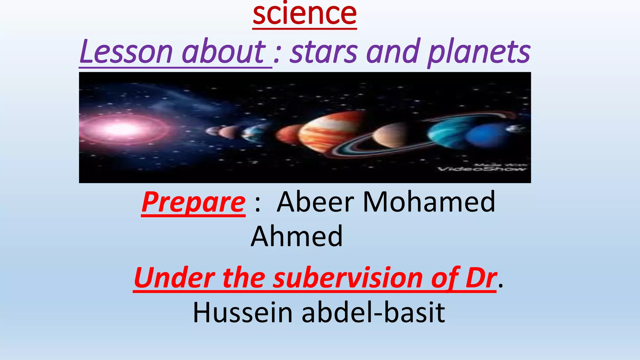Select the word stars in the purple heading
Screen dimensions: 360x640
[x=323, y=52]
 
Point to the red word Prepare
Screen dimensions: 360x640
[x=193, y=202]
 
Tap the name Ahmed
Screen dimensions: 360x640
[x=297, y=236]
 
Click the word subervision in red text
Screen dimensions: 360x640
[x=347, y=278]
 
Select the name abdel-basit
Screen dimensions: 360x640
[x=373, y=312]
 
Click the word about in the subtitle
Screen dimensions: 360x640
[x=224, y=52]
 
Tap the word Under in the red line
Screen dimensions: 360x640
[x=174, y=278]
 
